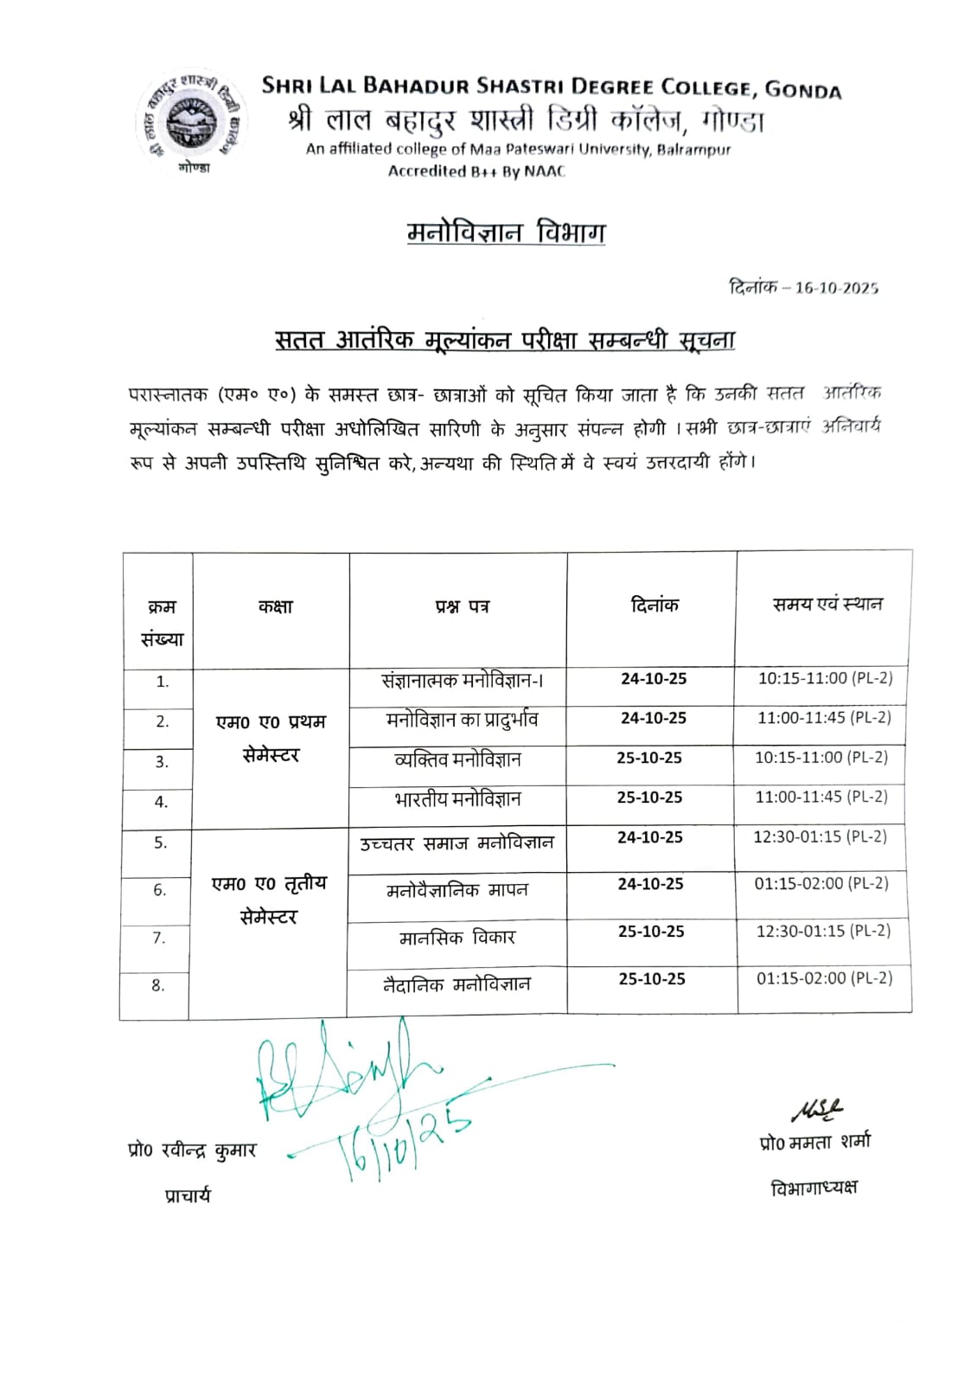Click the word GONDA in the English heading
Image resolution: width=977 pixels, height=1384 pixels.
803,89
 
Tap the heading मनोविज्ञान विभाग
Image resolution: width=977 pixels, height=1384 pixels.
506,233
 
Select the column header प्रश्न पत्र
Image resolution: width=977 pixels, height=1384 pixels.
462,607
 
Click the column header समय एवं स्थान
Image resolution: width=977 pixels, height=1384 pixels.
827,605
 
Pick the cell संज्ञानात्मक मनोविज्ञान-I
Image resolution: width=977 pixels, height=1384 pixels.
462,681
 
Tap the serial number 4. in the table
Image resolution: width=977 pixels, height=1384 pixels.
161,802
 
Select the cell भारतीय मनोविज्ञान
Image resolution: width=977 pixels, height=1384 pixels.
457,799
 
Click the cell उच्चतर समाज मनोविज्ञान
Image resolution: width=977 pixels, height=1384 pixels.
457,843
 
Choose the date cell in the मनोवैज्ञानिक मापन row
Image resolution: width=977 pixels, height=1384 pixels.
650,884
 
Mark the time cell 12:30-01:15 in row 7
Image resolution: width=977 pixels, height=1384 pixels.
823,931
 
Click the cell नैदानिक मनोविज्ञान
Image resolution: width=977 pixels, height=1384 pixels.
457,984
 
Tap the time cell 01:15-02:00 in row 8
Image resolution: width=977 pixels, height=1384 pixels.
824,978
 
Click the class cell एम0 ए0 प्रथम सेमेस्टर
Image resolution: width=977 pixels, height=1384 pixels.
271,738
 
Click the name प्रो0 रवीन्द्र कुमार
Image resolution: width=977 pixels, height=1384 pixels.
192,1151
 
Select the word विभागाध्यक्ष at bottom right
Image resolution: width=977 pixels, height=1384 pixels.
814,1189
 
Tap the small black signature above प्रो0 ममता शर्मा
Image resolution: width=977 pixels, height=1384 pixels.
814,1111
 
